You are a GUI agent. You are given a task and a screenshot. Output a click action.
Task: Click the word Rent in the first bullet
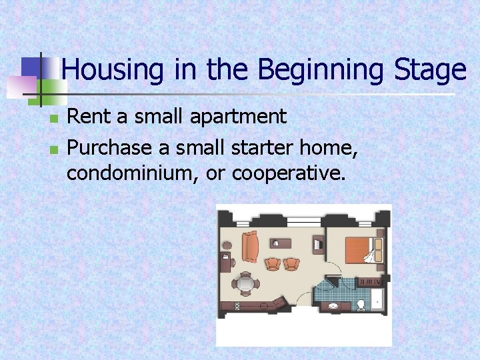[89, 117]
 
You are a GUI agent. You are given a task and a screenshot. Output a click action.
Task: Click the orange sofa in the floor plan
[250, 246]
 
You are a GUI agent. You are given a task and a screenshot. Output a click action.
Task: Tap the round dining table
[247, 283]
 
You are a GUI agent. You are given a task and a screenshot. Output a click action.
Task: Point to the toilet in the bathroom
[361, 304]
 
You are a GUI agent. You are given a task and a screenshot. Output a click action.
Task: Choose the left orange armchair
[272, 263]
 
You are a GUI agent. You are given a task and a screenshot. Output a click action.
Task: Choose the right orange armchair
[291, 263]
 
